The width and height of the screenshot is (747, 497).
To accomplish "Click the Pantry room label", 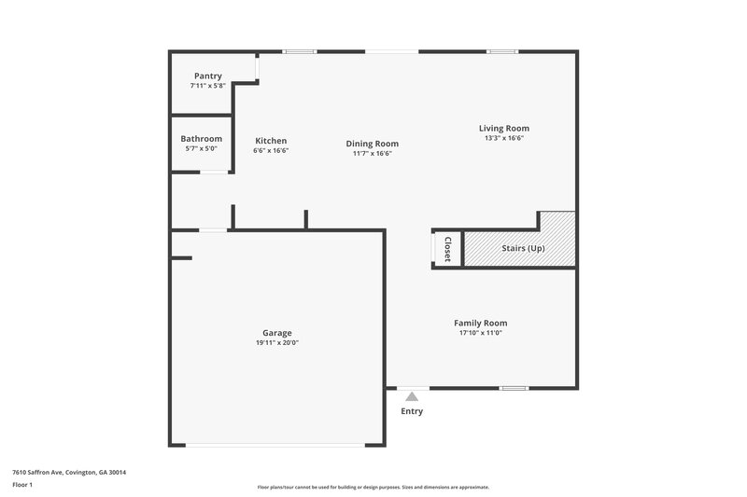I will point(207,76).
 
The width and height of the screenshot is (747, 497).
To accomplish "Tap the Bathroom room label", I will point(202,139).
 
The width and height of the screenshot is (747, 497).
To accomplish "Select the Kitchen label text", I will point(271,141).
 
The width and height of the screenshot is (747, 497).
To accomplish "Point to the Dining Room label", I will point(373,144).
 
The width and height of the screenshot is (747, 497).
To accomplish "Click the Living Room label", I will point(504,128).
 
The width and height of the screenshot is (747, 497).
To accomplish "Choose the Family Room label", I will point(481,323).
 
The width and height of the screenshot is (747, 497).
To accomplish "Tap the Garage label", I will point(277,333).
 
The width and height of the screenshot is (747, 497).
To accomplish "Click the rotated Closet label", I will point(447,249).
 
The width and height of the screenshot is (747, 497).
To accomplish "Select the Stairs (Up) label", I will point(523,248).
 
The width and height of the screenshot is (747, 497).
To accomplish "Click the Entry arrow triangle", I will point(412,396).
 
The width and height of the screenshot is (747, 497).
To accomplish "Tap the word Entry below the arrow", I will point(412,411).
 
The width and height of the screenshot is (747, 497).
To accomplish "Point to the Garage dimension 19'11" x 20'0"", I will point(277,343).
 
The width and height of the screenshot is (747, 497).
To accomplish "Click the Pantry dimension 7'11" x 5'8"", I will point(207,86).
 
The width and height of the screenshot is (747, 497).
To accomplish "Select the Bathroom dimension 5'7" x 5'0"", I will point(202,149).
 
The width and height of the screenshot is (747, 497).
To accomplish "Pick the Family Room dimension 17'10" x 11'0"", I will point(481,333).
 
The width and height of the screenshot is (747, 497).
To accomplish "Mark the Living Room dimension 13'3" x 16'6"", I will point(504,138).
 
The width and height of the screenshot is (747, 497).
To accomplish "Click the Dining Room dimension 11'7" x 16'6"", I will point(373,154).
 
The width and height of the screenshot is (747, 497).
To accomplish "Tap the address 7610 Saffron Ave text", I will point(69,473).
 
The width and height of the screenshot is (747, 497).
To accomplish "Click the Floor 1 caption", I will point(23,486).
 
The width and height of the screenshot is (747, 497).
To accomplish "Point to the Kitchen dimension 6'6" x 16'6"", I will point(271,151).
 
